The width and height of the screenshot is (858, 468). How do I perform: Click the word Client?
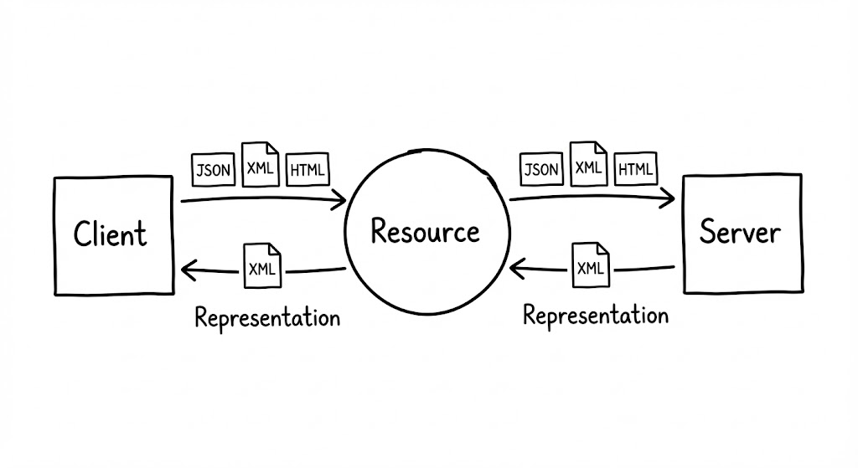point(110,234)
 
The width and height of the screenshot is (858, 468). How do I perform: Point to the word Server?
point(740,231)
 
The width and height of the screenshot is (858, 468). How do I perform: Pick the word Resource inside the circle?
point(426,230)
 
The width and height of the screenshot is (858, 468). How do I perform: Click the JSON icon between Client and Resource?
point(213,170)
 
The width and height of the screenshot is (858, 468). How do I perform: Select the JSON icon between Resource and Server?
point(541,170)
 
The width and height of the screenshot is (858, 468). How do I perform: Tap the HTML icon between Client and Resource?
point(308,170)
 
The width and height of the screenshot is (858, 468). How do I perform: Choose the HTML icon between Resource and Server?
point(635,170)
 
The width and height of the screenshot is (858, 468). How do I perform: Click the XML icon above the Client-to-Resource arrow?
point(260,165)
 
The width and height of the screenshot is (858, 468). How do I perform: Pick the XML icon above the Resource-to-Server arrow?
point(589,164)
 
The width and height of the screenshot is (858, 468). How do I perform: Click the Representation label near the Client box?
point(267,317)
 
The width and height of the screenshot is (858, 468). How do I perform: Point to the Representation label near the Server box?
point(596,315)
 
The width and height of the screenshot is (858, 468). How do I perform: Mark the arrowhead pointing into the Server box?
point(669,198)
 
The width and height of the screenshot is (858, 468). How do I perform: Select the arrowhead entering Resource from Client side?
point(341,200)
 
